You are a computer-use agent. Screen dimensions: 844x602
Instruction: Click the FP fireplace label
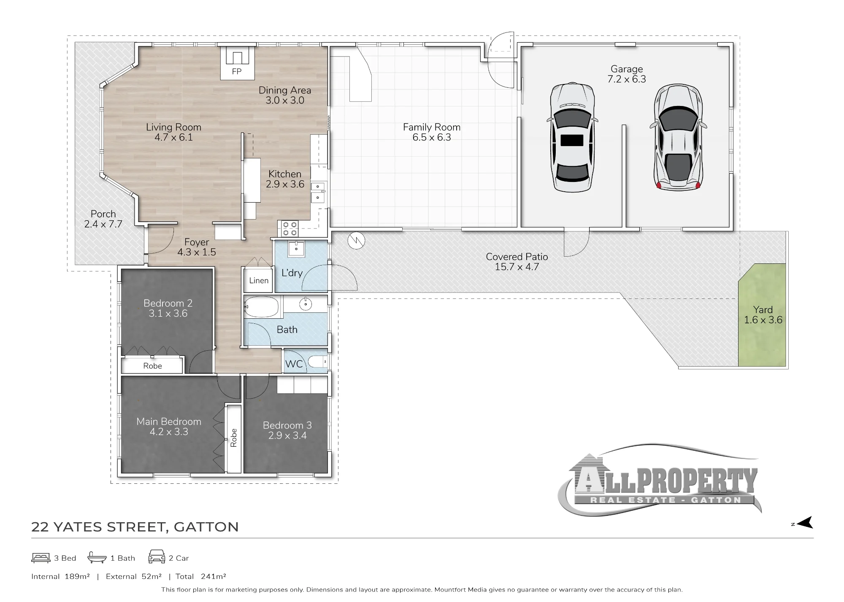[x=237, y=72]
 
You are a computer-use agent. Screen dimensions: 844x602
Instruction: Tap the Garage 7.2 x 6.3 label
[x=627, y=74]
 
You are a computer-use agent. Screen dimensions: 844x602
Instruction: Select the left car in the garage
[x=572, y=137]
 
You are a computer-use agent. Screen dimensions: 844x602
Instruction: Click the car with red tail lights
[x=678, y=137]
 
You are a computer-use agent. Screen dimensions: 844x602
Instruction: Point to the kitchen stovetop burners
[x=289, y=228]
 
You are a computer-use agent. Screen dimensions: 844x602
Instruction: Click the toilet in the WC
[x=317, y=362]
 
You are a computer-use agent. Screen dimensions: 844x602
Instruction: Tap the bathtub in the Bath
[x=262, y=306]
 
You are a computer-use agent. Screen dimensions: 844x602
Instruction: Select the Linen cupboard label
[x=259, y=280]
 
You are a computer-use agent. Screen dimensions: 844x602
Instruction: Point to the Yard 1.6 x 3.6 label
[x=763, y=315]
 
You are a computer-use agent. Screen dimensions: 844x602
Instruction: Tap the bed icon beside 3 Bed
[x=41, y=558]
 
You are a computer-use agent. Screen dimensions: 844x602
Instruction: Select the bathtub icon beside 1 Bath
[x=97, y=557]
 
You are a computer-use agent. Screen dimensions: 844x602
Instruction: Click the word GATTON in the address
[x=206, y=527]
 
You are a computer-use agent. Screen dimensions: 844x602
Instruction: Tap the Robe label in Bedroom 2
[x=152, y=366]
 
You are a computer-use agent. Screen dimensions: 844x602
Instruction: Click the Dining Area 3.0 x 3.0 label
[x=285, y=95]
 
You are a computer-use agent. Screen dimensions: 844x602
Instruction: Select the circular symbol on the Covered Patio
[x=356, y=241]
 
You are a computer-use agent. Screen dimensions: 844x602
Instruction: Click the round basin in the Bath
[x=305, y=304]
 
